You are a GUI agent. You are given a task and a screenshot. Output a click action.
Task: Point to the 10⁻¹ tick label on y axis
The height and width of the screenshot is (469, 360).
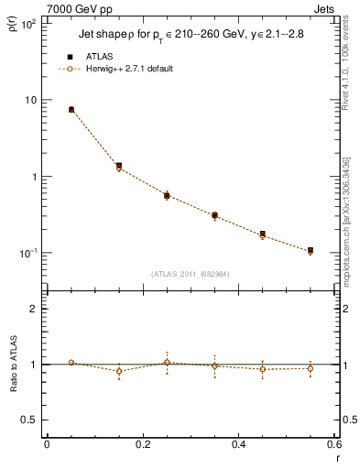[27, 253]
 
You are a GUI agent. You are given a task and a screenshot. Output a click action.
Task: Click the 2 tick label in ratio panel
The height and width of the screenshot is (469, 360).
[33, 309]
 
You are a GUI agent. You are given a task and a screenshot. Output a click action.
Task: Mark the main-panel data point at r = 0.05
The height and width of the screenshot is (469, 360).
[71, 109]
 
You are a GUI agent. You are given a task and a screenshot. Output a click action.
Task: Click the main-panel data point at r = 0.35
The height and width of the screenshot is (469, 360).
[214, 215]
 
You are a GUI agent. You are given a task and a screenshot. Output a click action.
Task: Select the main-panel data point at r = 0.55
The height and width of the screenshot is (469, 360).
[311, 250]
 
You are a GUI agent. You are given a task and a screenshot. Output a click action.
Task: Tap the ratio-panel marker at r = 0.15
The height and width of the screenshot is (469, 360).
[119, 371]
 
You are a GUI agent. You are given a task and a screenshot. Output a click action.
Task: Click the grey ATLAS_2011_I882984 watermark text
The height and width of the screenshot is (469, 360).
[191, 273]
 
